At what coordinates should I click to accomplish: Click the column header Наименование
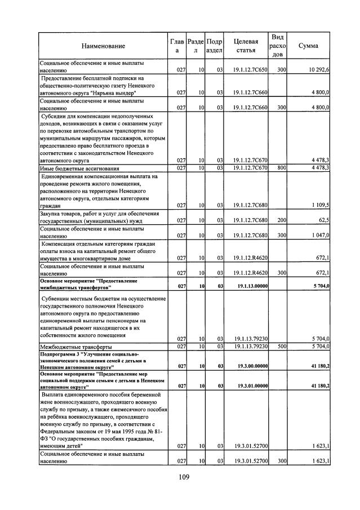click(103, 46)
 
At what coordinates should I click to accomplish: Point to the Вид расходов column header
click(277, 46)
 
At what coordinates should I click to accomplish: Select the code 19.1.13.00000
click(251, 286)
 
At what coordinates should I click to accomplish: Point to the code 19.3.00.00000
click(251, 366)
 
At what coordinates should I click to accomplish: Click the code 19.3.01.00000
click(251, 386)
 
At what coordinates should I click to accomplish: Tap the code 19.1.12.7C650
click(251, 70)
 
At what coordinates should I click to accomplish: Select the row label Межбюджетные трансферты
click(75, 346)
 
